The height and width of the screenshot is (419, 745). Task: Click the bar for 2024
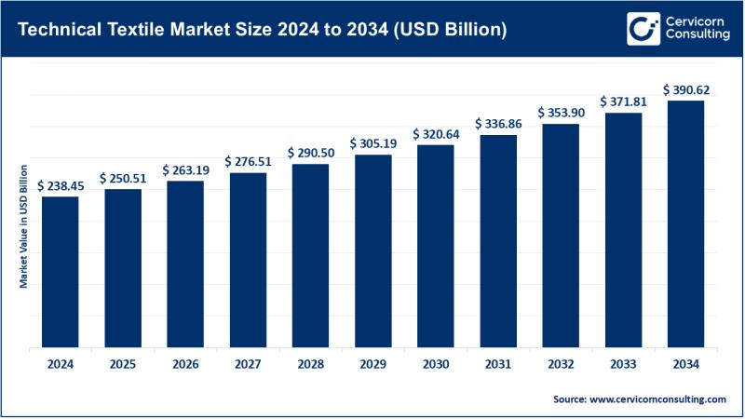tap(60, 270)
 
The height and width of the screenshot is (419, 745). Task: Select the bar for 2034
tap(684, 223)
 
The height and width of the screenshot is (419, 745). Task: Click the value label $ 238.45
tap(60, 185)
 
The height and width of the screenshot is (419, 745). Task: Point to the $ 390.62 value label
tap(684, 89)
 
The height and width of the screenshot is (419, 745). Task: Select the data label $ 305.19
tap(372, 143)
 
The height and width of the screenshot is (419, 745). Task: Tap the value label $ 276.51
tap(248, 162)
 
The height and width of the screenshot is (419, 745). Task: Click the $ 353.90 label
tap(560, 113)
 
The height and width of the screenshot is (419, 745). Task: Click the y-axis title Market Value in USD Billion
tap(24, 226)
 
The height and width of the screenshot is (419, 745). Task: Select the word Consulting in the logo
tap(696, 35)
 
